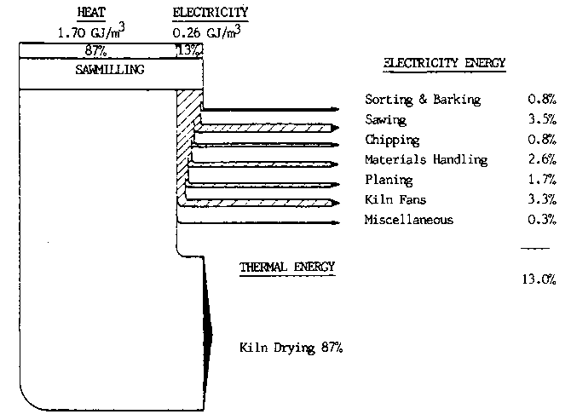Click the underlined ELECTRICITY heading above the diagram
[x=210, y=14]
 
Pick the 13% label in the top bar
[x=188, y=51]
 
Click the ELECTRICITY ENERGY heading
[x=444, y=64]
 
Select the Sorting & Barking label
[x=422, y=100]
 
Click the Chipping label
[x=392, y=140]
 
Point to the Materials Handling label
[x=426, y=160]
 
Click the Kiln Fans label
[x=395, y=200]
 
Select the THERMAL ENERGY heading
[x=287, y=268]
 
